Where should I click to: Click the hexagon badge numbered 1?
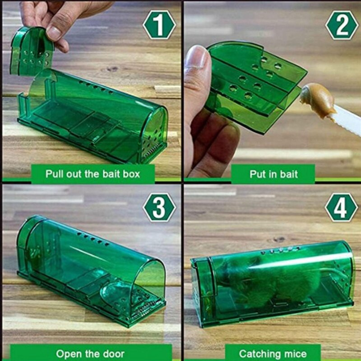(x=159, y=25)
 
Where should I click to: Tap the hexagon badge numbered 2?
(x=342, y=25)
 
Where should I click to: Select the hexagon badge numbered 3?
(x=159, y=208)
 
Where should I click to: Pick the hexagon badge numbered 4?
(x=342, y=208)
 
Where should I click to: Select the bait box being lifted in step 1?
(x=32, y=51)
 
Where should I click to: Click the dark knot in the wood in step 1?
(x=113, y=69)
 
